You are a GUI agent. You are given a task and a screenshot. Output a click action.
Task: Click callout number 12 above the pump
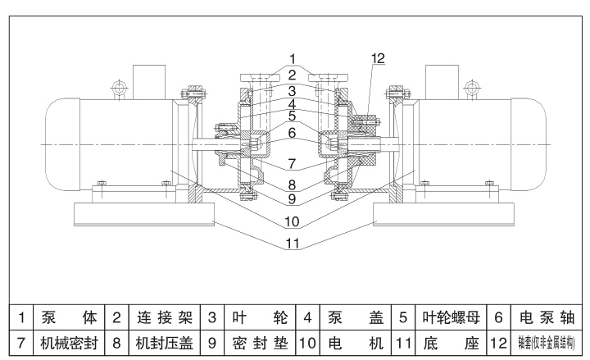click(378, 58)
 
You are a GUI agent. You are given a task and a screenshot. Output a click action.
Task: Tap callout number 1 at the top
click(292, 60)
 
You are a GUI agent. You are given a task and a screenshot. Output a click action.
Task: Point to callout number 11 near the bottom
click(292, 243)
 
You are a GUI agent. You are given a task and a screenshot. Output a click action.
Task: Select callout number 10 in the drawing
click(292, 221)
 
